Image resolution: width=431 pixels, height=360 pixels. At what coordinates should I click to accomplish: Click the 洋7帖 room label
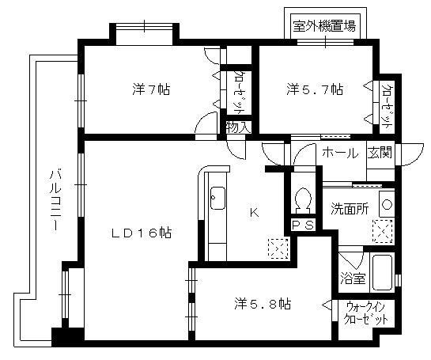(151, 89)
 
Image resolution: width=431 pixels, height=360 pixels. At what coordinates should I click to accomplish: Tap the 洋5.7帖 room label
(315, 89)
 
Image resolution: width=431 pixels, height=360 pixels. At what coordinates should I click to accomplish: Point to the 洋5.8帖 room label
(263, 303)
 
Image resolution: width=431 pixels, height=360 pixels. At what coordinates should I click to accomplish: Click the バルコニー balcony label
(56, 200)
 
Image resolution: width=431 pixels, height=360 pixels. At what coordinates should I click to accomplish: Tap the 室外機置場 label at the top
(323, 25)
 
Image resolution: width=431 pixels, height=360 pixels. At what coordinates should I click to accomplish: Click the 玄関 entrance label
(379, 153)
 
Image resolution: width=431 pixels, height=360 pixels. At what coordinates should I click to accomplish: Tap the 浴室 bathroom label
(352, 278)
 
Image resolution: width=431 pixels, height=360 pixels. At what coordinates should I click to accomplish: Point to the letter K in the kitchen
(254, 211)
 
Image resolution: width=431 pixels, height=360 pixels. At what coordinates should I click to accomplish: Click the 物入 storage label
(237, 127)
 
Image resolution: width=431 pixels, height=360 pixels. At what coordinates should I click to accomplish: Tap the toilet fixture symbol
(301, 199)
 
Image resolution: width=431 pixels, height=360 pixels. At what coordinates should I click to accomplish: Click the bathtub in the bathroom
(382, 273)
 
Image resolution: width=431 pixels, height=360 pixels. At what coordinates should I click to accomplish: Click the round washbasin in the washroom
(385, 204)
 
